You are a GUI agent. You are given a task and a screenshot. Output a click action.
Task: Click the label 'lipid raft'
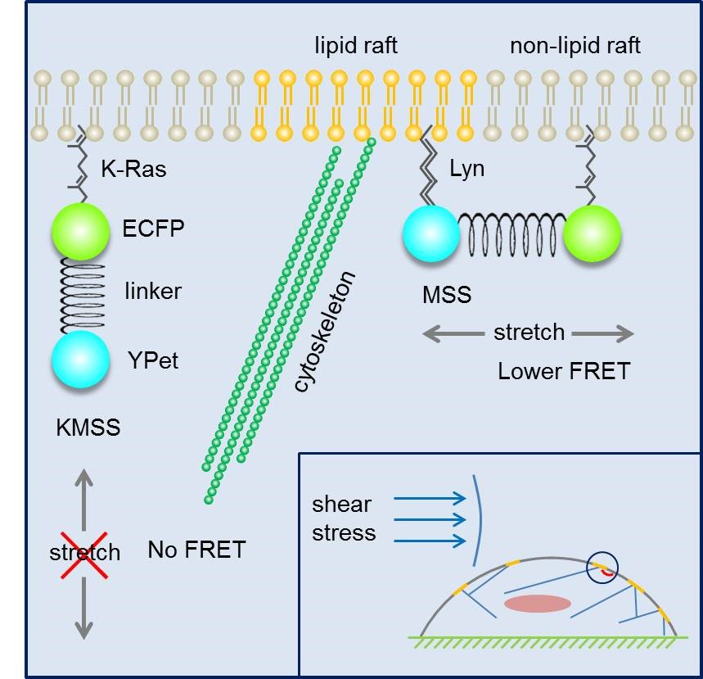[356, 46]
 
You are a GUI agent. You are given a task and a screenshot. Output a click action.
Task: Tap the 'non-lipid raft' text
[575, 46]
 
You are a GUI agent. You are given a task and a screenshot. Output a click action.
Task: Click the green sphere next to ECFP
[80, 232]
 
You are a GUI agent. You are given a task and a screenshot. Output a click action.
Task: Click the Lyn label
[466, 169]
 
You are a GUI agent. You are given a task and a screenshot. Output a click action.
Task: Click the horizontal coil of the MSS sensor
[511, 234]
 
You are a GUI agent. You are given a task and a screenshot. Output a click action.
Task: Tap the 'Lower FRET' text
[564, 371]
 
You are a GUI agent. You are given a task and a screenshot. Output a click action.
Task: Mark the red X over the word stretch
[83, 551]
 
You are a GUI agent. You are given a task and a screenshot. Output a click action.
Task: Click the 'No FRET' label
[196, 550]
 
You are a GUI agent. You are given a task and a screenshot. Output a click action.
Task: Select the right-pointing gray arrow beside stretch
[602, 333]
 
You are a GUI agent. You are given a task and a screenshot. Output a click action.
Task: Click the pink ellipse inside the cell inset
[537, 604]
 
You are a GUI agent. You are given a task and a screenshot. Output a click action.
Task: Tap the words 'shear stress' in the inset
[343, 518]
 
